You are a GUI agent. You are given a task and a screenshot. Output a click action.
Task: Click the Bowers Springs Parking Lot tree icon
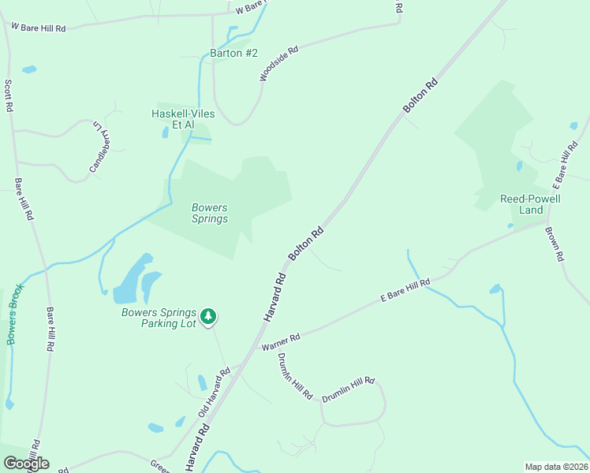click(208, 317)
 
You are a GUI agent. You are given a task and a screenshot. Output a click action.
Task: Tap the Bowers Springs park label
click(210, 214)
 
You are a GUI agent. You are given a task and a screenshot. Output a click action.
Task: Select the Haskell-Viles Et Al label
click(183, 119)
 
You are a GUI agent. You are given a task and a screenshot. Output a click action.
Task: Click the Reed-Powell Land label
click(530, 204)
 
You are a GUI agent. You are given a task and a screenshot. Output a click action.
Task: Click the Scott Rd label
click(9, 95)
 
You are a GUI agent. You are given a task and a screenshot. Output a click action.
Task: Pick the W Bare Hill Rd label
click(37, 26)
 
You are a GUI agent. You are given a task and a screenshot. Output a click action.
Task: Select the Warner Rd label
click(282, 342)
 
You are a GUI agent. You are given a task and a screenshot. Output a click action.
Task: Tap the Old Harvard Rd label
click(214, 392)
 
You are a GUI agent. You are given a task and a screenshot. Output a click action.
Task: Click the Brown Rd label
click(558, 245)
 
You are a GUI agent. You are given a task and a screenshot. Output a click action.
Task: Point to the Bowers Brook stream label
click(15, 314)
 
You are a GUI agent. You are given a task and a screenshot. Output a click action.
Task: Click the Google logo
click(26, 464)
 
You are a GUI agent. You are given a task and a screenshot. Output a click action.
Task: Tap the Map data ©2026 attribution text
click(557, 467)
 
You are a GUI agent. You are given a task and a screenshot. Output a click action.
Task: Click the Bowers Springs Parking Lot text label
click(159, 318)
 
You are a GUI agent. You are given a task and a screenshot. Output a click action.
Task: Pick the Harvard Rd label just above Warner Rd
click(274, 296)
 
